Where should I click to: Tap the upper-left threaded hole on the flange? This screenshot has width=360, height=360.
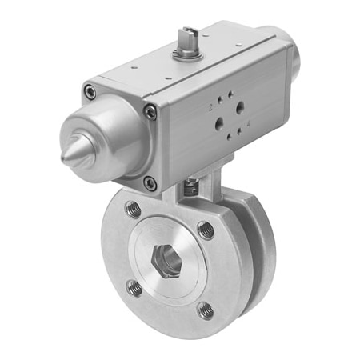133,210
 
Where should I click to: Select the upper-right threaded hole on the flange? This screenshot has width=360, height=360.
206,230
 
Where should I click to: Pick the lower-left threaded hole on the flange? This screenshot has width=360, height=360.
134,286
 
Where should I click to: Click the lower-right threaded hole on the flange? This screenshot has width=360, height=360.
206,308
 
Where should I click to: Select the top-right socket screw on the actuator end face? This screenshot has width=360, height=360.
150,113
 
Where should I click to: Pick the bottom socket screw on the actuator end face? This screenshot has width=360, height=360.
150,183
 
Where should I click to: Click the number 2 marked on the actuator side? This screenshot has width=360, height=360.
211,105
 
